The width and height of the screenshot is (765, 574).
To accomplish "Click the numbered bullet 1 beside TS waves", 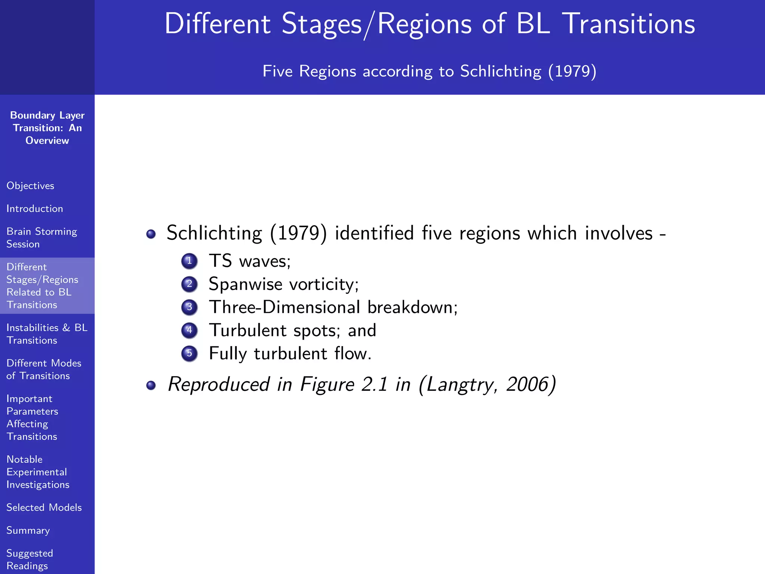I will (189, 261).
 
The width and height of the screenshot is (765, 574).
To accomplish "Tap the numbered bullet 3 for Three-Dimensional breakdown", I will (189, 307).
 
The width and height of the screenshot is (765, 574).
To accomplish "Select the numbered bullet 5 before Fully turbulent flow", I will (189, 354).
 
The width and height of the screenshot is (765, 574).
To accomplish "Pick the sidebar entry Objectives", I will (30, 186).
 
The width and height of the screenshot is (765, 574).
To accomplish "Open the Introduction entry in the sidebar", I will (35, 209).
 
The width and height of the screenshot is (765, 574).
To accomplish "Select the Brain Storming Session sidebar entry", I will (41, 238).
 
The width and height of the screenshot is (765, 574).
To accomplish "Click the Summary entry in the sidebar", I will (28, 530).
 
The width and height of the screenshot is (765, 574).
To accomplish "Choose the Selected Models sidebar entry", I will (44, 507).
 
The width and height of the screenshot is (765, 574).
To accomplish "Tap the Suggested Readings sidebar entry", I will (30, 559).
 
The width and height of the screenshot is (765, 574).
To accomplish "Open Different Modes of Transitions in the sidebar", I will (44, 369).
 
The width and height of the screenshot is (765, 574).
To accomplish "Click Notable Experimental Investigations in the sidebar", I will (38, 472).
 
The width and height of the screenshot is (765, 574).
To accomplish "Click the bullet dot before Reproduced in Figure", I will (151, 385).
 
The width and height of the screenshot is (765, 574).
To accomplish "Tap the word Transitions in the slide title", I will (628, 24).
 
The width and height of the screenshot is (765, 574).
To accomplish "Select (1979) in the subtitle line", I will (572, 71).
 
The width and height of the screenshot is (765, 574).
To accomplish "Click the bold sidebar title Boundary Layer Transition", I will (47, 127).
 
